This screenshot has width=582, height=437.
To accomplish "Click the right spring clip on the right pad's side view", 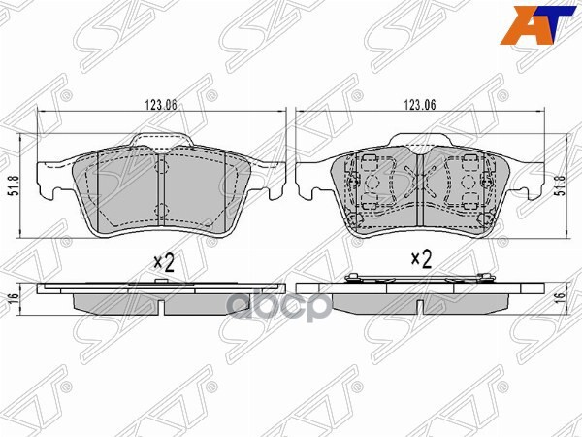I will [477, 281].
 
